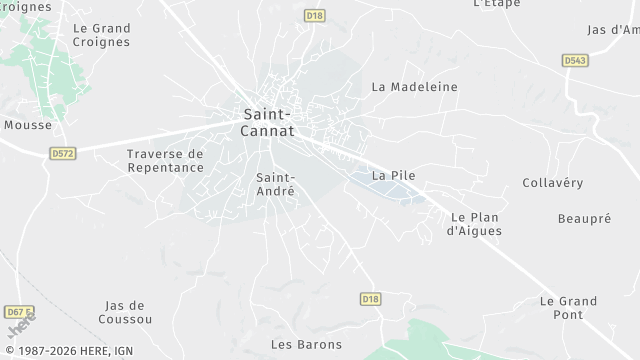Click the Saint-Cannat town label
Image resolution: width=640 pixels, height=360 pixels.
267,121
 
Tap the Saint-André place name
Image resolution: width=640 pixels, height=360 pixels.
275,183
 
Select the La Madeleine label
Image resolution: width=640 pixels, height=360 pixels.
414,87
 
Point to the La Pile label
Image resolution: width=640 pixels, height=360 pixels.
393,175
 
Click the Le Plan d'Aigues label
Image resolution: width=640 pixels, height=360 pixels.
474,224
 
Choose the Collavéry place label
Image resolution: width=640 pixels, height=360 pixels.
552,183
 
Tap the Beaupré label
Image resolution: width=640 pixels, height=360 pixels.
584,218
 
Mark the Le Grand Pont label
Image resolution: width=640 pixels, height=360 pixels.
568,307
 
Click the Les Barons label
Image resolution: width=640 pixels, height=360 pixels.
306,345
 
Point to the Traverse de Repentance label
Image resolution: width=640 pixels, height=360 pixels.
165,161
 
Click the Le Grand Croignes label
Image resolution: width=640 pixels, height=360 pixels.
101,35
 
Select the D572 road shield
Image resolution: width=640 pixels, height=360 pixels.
63,153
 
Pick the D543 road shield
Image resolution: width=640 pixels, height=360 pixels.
574,61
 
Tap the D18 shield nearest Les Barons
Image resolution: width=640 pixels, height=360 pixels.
370,299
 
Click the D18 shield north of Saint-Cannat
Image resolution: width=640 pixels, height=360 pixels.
315,16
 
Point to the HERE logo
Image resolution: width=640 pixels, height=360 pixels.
19,326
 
